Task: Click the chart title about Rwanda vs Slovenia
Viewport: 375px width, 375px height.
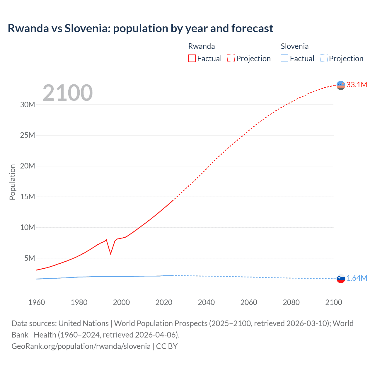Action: point(140,28)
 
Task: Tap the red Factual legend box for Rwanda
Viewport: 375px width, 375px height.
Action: point(192,58)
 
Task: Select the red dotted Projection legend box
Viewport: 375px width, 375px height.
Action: point(231,58)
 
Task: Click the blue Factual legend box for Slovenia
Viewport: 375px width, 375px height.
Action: point(284,58)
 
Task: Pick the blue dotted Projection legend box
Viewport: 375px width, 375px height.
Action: point(323,58)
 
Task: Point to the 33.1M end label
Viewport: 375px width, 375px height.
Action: point(357,85)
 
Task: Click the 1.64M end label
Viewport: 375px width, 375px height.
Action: point(357,278)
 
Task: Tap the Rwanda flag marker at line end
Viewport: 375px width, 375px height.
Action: point(341,85)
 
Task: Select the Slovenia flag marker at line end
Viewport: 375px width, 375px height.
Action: point(341,279)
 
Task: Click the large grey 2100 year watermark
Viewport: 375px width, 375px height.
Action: point(68,93)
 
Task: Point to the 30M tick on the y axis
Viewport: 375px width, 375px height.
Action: point(28,105)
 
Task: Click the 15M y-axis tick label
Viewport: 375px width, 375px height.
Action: point(28,197)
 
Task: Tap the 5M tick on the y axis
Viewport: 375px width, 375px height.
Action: point(30,258)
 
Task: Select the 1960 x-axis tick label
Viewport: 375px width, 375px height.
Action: point(37,302)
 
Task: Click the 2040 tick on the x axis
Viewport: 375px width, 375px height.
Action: point(206,302)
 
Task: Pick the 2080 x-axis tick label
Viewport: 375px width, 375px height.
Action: point(291,302)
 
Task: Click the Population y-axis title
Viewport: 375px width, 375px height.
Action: point(12,182)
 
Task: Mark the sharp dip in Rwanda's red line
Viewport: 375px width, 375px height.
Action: point(110,253)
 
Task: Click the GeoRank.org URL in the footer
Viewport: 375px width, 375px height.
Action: point(81,346)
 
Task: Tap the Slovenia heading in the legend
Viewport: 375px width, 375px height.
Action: point(294,46)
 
